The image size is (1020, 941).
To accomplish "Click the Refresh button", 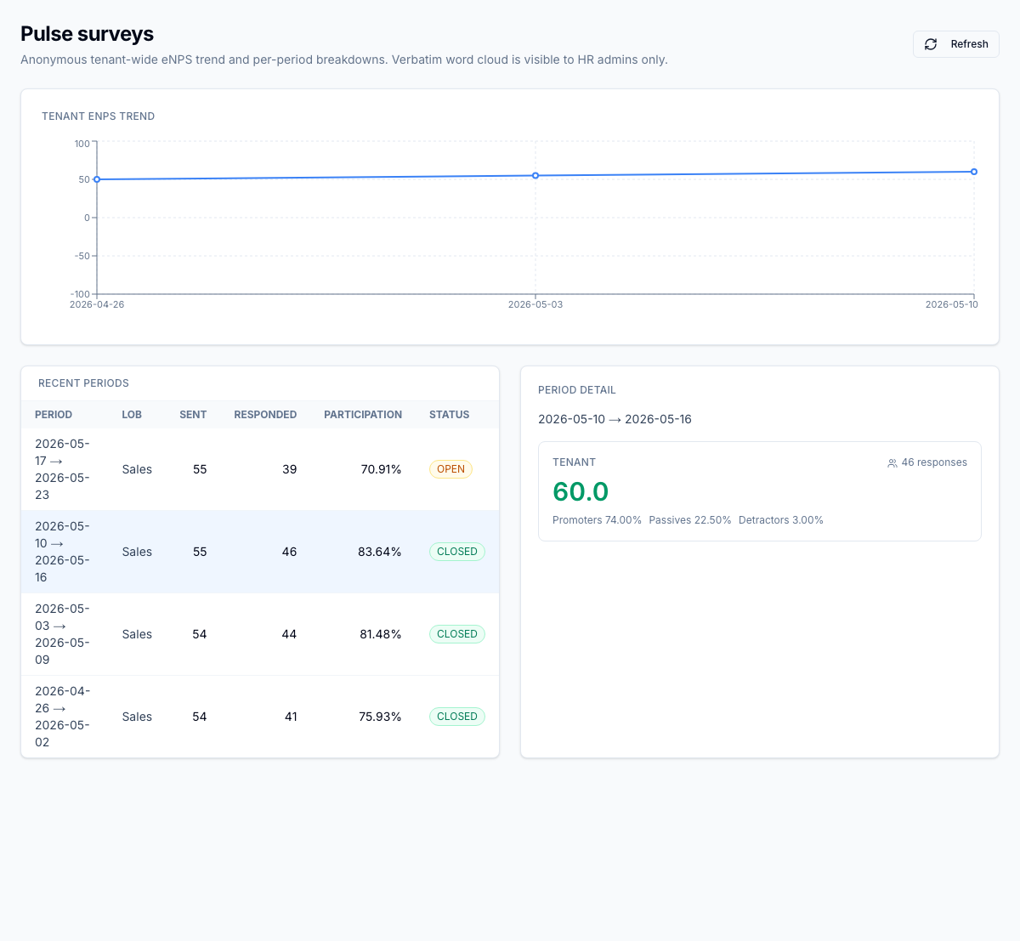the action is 955,44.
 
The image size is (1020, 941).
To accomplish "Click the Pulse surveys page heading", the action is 87,34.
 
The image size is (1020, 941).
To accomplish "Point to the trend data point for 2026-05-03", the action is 535,176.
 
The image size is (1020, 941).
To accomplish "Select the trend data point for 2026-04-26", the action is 97,179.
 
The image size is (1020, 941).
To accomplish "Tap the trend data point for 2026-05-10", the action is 974,172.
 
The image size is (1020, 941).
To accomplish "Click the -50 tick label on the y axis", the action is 82,256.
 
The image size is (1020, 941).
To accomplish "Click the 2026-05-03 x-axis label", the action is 535,304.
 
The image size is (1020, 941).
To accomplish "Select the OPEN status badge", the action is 450,469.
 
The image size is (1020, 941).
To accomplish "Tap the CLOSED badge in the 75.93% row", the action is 457,717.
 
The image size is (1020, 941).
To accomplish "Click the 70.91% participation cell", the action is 381,469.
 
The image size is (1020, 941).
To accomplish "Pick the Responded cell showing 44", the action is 289,634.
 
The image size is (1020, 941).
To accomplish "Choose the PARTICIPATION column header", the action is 363,415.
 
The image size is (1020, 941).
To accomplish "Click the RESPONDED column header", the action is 265,415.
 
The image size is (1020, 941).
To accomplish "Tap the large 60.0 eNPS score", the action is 581,491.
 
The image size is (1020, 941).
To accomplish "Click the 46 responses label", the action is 927,462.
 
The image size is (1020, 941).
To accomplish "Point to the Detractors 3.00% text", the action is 780,520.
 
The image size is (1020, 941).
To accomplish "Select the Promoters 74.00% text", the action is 597,520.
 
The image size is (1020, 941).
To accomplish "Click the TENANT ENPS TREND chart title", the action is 98,116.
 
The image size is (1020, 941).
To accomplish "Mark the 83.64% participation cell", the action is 380,552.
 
